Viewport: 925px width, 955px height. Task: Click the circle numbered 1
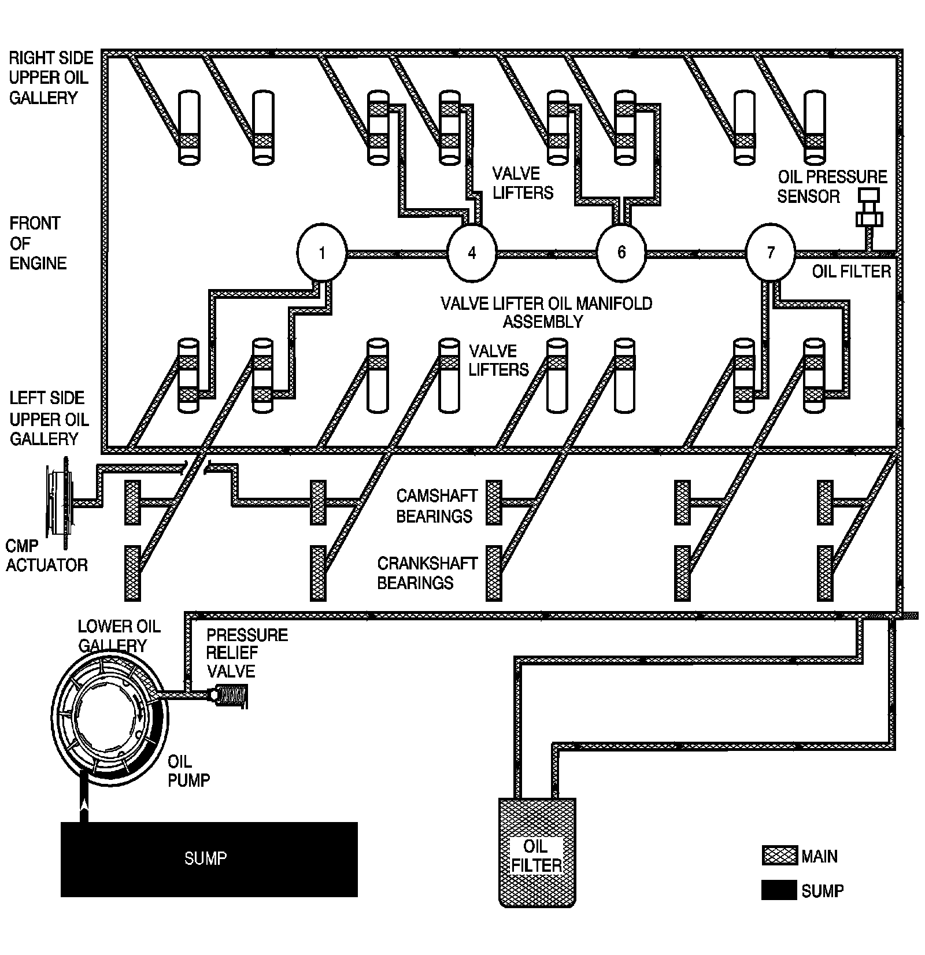(x=321, y=253)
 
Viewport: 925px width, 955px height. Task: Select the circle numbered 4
(x=472, y=253)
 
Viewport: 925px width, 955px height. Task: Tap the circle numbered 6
(x=621, y=253)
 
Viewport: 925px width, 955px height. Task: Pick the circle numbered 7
(x=770, y=253)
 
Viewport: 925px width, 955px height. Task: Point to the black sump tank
(x=209, y=859)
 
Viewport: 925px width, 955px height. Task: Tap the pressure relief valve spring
(x=234, y=695)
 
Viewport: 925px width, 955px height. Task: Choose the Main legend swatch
(x=779, y=856)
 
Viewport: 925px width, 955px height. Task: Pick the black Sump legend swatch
(x=779, y=891)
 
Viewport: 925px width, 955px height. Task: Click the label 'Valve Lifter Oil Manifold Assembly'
(x=546, y=312)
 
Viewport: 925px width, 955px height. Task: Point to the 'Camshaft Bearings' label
(x=436, y=506)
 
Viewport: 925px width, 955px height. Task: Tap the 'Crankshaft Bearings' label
(x=427, y=573)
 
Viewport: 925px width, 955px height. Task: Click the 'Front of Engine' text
(x=38, y=243)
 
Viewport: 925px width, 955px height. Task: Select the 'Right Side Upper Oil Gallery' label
(x=50, y=78)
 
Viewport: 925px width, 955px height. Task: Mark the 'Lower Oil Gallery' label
(x=119, y=635)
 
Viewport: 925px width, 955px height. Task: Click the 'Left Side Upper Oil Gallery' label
(x=47, y=418)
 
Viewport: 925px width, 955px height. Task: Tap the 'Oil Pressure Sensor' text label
(x=831, y=187)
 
